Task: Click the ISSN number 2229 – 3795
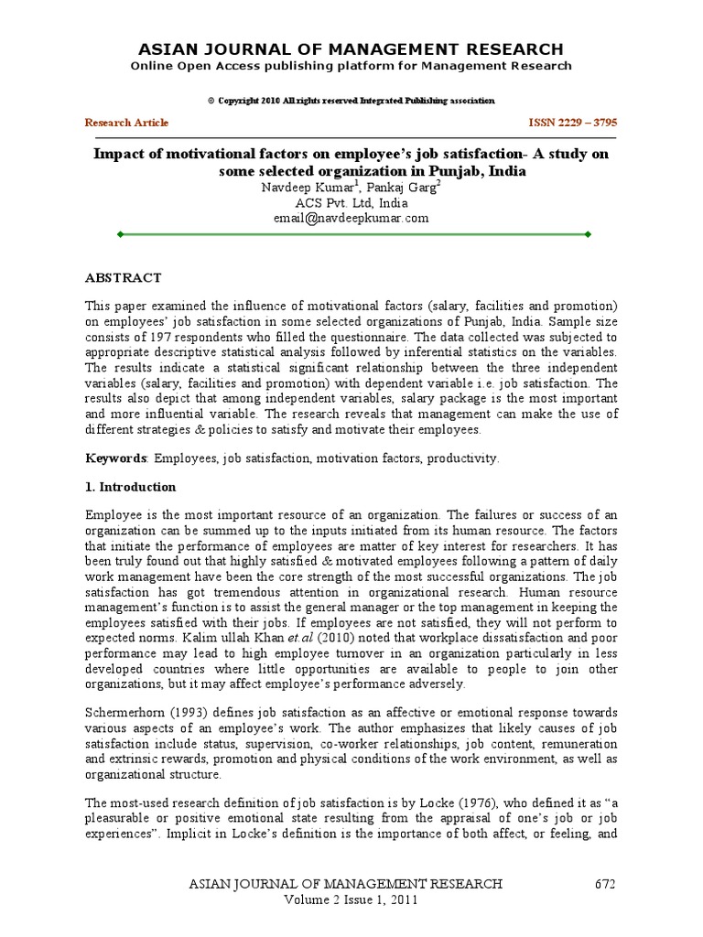579,123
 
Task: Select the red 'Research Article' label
126,123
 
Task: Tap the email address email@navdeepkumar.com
351,218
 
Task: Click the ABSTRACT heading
124,277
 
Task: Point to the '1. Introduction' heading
130,487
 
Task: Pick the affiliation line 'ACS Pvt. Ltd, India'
351,202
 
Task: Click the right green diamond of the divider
587,235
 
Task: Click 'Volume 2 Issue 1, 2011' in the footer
351,900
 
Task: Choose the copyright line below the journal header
351,100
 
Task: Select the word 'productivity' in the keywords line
465,458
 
